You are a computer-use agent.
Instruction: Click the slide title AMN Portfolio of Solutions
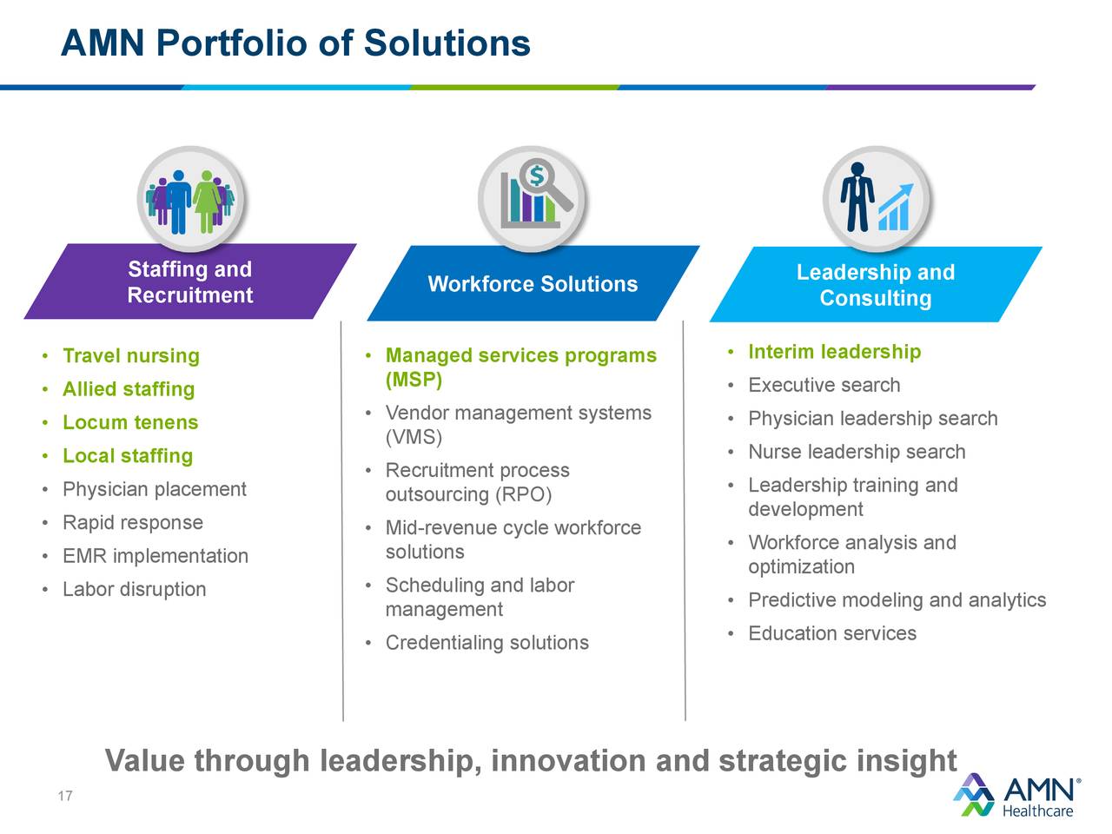click(x=295, y=43)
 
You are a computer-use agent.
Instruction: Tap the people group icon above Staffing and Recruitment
click(x=190, y=200)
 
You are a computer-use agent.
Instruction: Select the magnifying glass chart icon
click(x=533, y=198)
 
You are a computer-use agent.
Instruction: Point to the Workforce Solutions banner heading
click(x=533, y=284)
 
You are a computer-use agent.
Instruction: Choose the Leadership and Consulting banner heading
click(x=875, y=285)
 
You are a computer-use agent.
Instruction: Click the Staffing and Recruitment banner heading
click(x=189, y=282)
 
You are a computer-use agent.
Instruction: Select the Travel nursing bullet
click(x=130, y=356)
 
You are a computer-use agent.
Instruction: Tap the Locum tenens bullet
click(x=130, y=423)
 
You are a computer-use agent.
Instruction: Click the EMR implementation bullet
click(x=155, y=556)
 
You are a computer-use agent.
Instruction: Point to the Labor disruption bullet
click(x=134, y=590)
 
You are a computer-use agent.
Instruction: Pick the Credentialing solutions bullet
click(x=486, y=643)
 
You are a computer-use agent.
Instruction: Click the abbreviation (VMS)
click(x=414, y=437)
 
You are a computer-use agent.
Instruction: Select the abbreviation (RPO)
click(x=523, y=494)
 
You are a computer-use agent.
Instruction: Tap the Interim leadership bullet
click(x=834, y=352)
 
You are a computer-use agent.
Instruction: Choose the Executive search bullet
click(x=824, y=386)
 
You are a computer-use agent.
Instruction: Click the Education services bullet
click(x=831, y=633)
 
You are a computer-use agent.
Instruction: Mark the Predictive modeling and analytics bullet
click(x=897, y=600)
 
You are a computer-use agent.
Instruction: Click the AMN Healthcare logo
click(x=1017, y=795)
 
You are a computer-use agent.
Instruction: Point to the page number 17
click(x=65, y=797)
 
